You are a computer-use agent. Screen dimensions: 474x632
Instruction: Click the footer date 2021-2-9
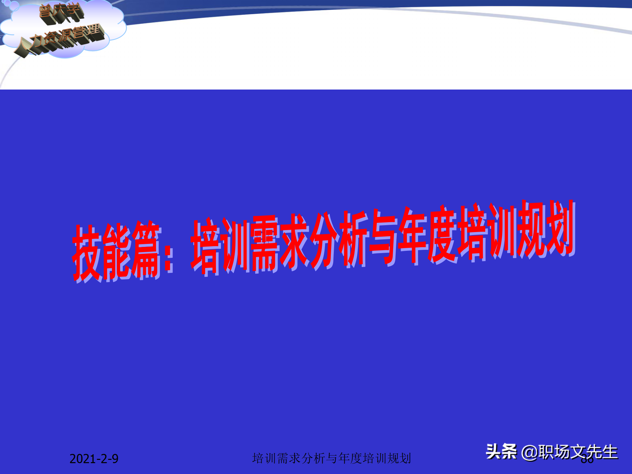pos(94,459)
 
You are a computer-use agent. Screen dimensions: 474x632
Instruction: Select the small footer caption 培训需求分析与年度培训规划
pos(331,458)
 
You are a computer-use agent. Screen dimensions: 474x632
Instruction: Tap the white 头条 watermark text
pos(501,452)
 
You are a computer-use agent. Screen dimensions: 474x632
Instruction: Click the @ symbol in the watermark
pos(529,452)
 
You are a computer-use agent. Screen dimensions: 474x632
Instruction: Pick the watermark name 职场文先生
pos(578,452)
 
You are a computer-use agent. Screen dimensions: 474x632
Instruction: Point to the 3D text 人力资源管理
pos(61,39)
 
